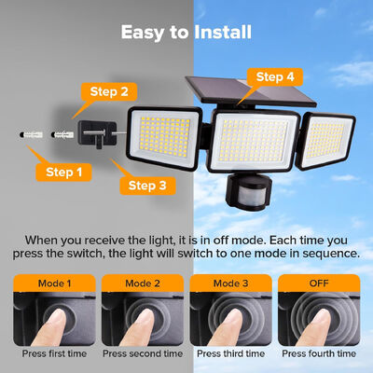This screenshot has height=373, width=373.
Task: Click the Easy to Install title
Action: (186, 33)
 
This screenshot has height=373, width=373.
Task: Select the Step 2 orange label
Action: (110, 91)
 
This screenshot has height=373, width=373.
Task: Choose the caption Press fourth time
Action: (320, 353)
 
